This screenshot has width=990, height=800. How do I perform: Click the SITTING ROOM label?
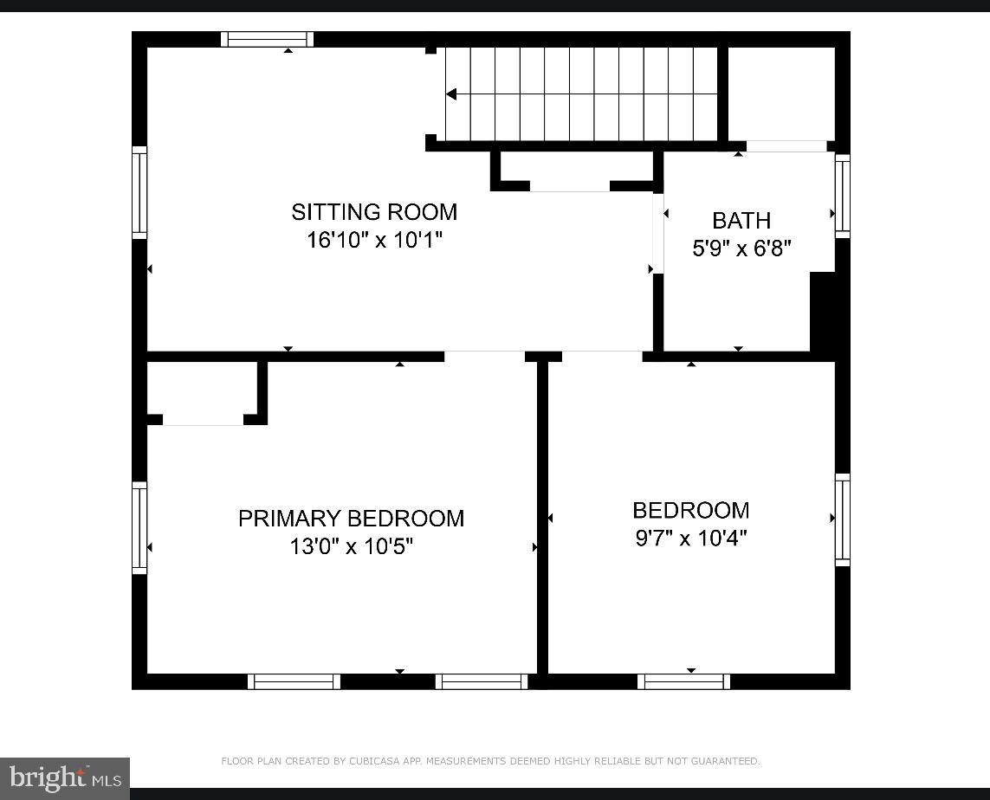(374, 212)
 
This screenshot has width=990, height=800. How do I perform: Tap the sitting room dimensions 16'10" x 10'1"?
(374, 240)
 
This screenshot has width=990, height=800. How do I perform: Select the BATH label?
(741, 221)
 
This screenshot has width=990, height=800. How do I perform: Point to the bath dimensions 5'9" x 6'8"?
(741, 248)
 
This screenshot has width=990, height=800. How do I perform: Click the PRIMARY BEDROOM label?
(351, 519)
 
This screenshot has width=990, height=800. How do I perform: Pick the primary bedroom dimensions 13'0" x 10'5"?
(351, 546)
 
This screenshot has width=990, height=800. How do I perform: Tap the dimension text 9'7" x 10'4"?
(691, 538)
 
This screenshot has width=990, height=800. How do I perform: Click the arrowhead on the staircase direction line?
(450, 94)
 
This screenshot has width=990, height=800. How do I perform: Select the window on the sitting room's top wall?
(267, 39)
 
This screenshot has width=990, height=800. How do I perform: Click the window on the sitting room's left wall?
(139, 192)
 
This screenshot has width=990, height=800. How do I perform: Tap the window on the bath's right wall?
(842, 197)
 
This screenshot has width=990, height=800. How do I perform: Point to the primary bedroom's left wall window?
(139, 528)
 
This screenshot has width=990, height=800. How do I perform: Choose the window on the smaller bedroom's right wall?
(842, 519)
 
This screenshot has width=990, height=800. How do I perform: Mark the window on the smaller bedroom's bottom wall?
(683, 681)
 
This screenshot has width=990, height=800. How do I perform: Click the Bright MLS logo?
(65, 778)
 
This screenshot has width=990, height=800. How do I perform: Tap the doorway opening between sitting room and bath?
(658, 233)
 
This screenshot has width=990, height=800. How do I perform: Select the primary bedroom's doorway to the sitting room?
(484, 356)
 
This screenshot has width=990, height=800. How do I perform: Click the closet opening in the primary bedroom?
(204, 421)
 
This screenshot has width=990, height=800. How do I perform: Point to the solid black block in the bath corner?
(823, 312)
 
